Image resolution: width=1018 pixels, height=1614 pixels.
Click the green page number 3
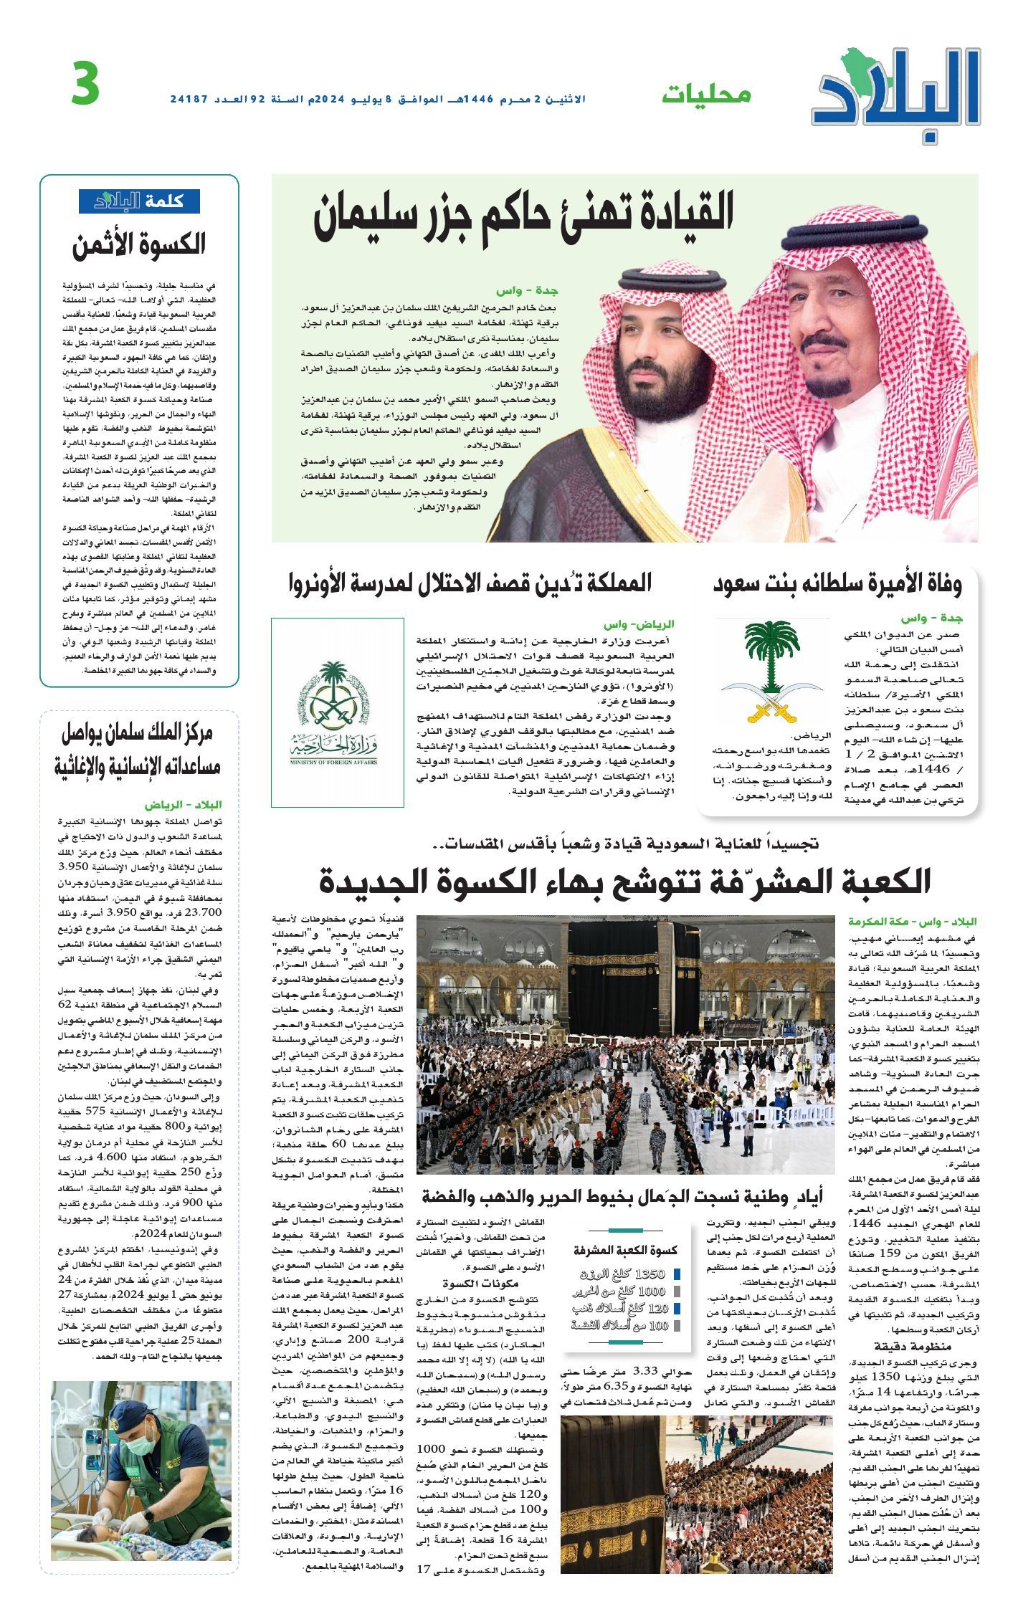pyautogui.click(x=86, y=84)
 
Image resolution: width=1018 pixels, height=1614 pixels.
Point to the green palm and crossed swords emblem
pyautogui.click(x=772, y=669)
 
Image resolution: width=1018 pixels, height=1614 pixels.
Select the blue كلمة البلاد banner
pyautogui.click(x=139, y=201)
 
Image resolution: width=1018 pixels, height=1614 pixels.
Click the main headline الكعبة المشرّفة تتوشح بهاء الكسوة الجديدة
pyautogui.click(x=624, y=881)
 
